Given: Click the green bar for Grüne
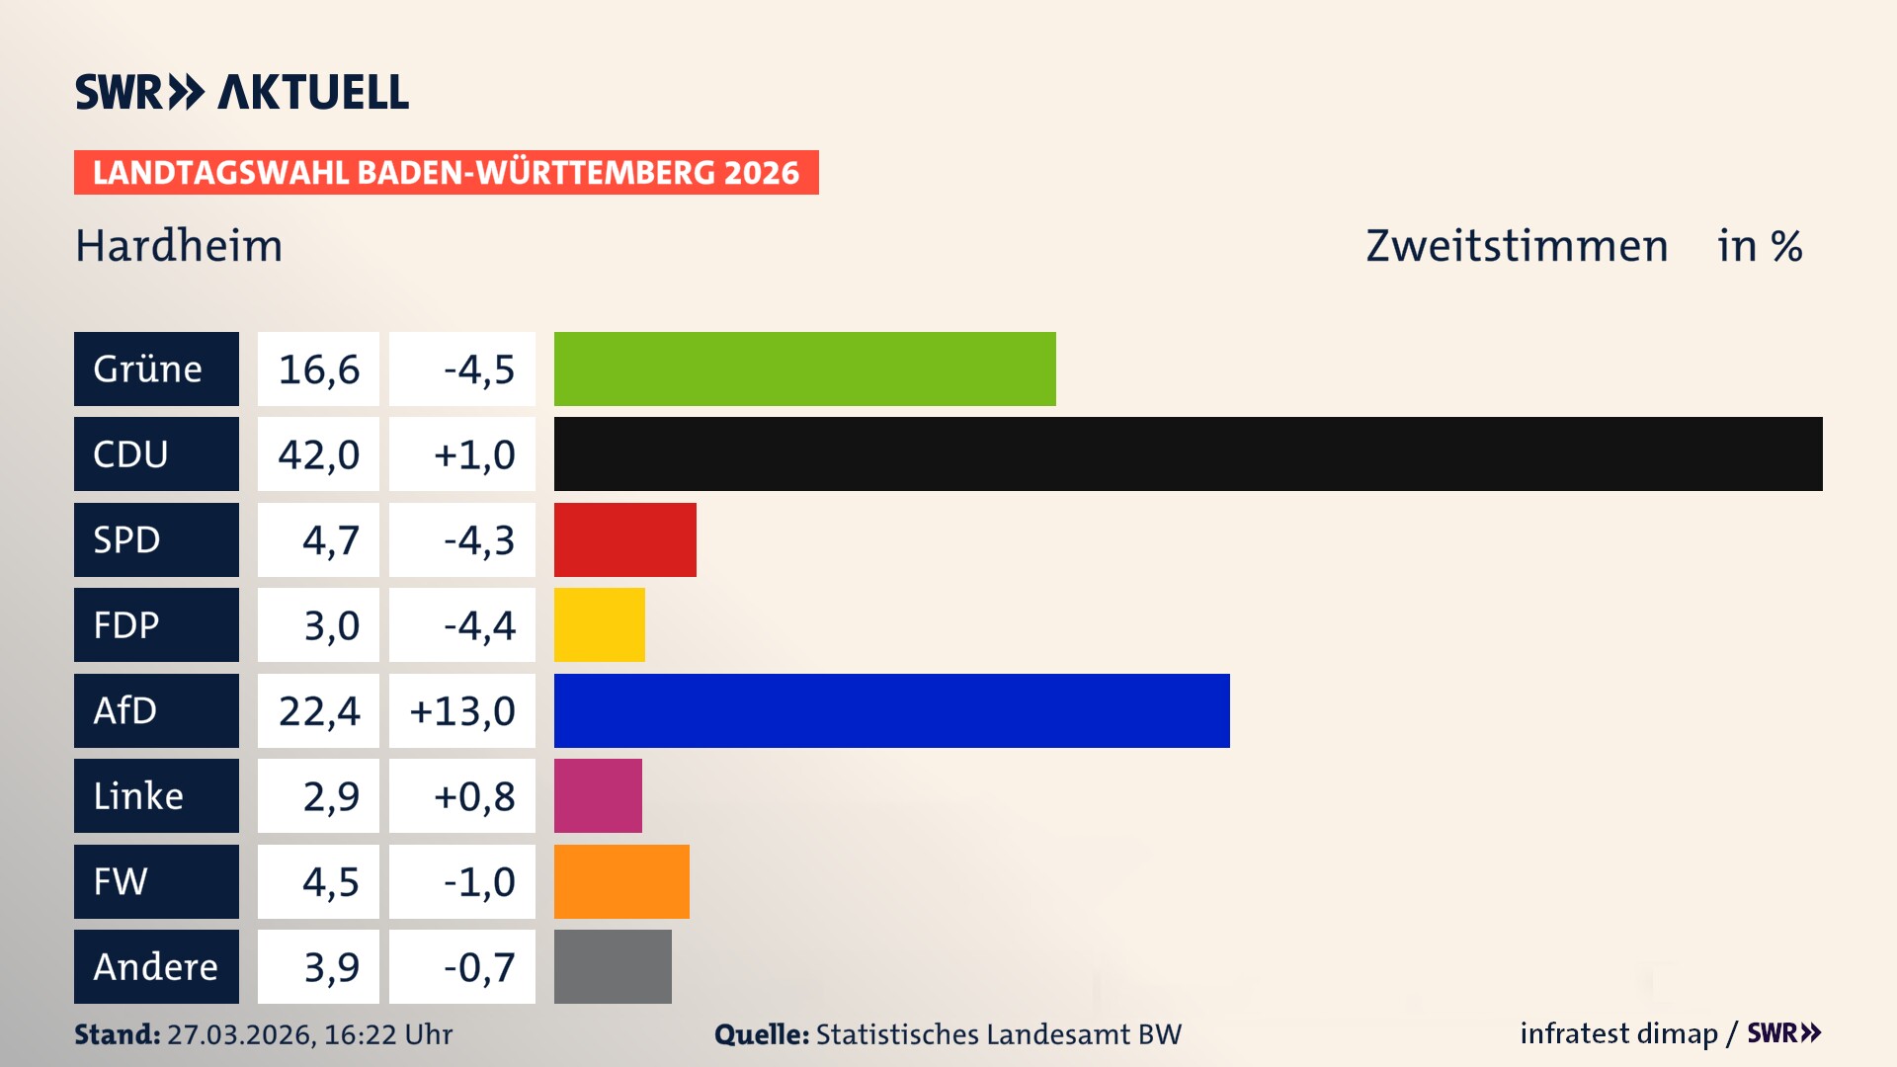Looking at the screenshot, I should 804,369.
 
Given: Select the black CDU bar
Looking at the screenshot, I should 1188,453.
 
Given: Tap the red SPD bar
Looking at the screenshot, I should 624,539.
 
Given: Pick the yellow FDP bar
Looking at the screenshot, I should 599,624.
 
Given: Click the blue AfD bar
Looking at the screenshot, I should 891,710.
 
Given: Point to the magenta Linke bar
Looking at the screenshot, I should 598,795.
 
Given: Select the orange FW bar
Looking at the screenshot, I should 621,881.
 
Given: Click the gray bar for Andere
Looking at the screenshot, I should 613,966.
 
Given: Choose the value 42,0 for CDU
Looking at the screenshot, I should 318,454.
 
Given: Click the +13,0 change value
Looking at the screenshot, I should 462,710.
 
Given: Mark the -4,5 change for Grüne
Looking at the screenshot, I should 478,369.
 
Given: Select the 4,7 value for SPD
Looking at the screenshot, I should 330,540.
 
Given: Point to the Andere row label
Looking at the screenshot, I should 156,966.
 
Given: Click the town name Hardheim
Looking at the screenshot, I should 179,246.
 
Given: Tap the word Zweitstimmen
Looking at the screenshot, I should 1516,246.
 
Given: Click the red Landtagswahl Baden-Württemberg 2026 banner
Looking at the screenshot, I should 446,173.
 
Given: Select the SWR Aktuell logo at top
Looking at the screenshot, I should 242,92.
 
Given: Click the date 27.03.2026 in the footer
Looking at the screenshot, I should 240,1034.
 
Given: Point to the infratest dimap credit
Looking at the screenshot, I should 1618,1033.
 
